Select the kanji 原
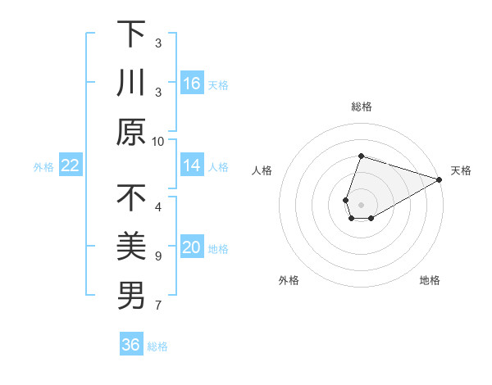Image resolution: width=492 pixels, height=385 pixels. [x=131, y=132]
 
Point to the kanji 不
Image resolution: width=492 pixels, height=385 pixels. [x=131, y=197]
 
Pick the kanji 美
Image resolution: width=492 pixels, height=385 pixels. [x=131, y=247]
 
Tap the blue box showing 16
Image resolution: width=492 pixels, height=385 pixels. [x=192, y=83]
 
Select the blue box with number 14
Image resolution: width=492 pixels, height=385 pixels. [x=192, y=165]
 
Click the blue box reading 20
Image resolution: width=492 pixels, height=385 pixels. [x=192, y=247]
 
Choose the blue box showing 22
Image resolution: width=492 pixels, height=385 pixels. [x=71, y=165]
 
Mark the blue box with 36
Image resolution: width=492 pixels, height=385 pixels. [x=131, y=345]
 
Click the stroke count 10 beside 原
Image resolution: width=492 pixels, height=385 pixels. [x=158, y=141]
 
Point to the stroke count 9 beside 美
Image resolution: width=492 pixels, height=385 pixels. [x=158, y=256]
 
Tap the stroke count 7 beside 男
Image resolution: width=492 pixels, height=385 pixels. [x=158, y=306]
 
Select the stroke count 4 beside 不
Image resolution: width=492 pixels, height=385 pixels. [x=158, y=206]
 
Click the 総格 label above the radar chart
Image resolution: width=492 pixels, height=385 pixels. [x=362, y=106]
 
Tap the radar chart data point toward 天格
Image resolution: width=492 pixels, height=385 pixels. [x=440, y=179]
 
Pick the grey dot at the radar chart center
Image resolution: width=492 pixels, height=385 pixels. [x=362, y=204]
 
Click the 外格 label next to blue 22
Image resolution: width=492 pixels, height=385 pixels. [x=43, y=166]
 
